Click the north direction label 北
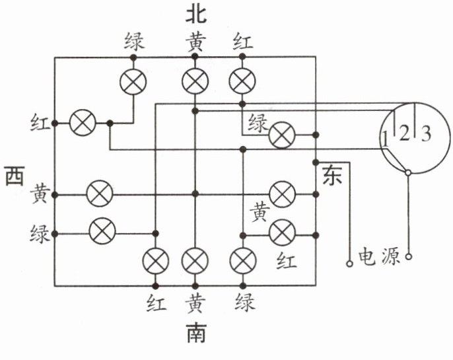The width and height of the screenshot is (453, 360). click(x=195, y=14)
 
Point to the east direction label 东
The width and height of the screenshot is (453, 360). click(x=331, y=174)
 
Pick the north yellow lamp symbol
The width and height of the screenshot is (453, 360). click(x=195, y=82)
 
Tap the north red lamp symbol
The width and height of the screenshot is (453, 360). click(x=242, y=82)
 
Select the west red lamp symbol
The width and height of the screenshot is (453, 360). click(x=83, y=123)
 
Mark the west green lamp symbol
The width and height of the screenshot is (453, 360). click(x=102, y=232)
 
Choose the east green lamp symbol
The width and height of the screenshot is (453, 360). click(x=282, y=135)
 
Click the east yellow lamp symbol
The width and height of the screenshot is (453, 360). click(x=283, y=194)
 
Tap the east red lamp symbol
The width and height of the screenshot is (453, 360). click(x=283, y=232)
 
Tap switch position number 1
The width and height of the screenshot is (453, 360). click(x=385, y=139)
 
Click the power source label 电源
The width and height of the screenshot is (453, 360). click(x=379, y=256)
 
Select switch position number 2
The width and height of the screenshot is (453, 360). click(x=404, y=133)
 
